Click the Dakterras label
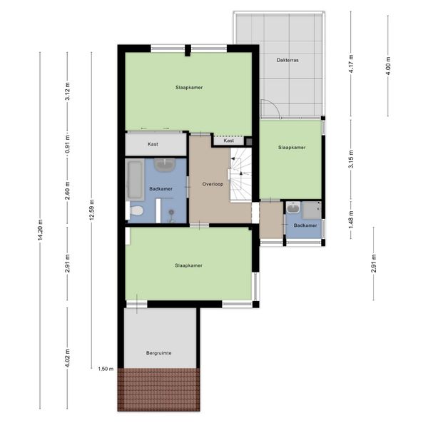(x=287, y=60)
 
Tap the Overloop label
(x=213, y=184)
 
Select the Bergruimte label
(x=158, y=353)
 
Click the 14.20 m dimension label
(x=40, y=230)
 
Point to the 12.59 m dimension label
(x=92, y=210)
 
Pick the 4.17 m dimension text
(x=351, y=63)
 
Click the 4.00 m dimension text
(x=389, y=66)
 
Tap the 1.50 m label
(x=106, y=369)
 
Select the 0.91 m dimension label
(x=68, y=144)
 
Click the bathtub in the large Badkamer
(x=136, y=180)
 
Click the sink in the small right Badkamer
(x=293, y=208)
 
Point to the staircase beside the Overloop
(x=241, y=174)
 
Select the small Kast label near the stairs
(x=228, y=141)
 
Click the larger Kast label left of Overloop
(x=153, y=144)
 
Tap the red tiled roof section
(x=158, y=389)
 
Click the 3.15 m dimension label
(x=351, y=159)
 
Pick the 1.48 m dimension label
(x=351, y=220)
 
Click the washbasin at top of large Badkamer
(x=165, y=165)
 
